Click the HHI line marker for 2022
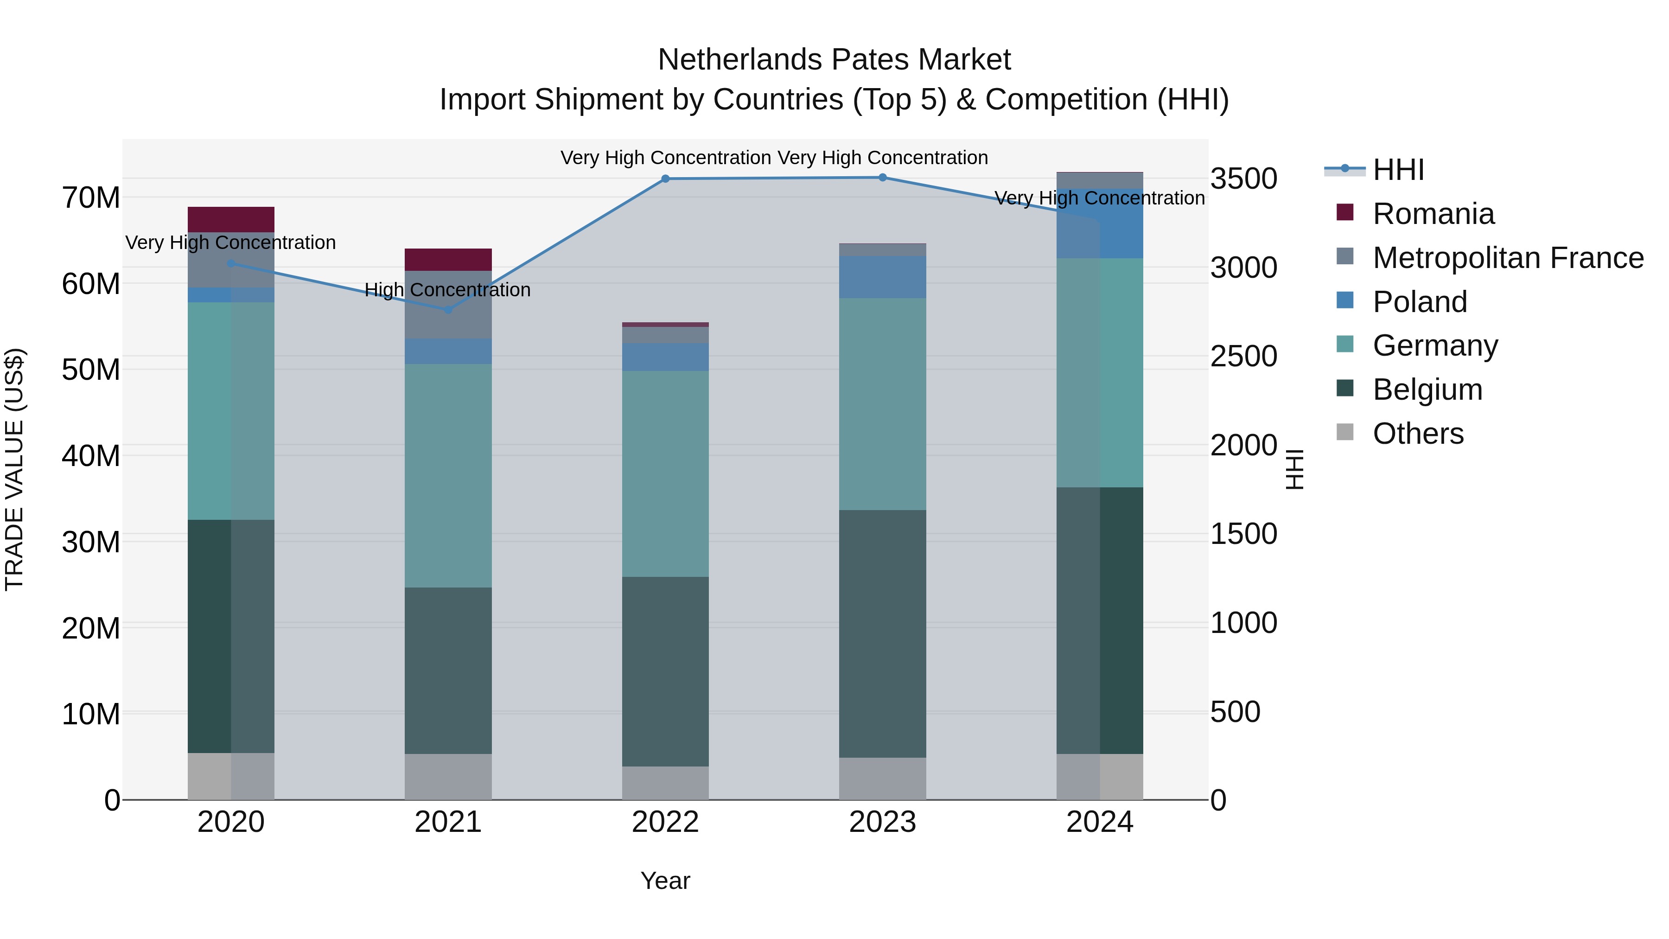(665, 179)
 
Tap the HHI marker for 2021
(448, 310)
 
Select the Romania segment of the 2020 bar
(231, 220)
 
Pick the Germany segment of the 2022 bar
(665, 474)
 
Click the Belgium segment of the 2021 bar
(448, 671)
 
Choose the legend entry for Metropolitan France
(1508, 258)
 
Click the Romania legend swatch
(1345, 212)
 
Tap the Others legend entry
(1418, 434)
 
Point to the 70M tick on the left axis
(91, 198)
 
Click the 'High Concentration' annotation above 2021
(448, 290)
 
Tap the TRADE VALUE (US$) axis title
(14, 469)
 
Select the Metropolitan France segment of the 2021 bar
(448, 305)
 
